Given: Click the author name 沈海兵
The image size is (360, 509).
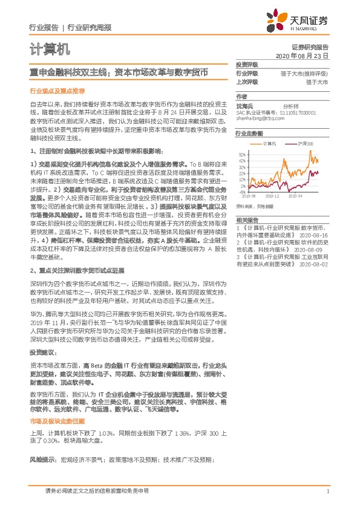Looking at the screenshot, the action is pos(244,106).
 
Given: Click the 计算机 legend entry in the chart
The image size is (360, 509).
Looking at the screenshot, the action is pos(269,144).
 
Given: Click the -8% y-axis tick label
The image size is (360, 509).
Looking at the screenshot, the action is pos(243,192).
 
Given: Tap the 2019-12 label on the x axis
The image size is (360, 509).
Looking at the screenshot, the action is pos(270,196).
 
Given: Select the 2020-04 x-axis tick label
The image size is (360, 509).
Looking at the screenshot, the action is pos(295,196).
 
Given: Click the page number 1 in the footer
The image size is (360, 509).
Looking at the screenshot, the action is pos(327,491).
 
